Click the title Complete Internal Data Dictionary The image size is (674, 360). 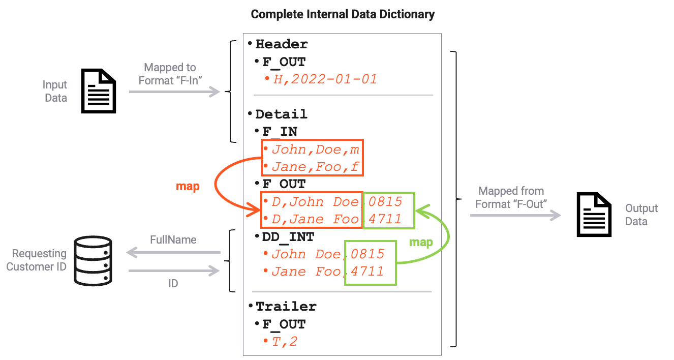coord(343,14)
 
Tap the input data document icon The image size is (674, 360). coord(99,91)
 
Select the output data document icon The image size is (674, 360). coord(593,215)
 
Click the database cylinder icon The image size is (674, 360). coord(93,261)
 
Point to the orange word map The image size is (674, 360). coord(188,187)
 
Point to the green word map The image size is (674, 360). coord(421,242)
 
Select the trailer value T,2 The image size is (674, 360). coord(285,342)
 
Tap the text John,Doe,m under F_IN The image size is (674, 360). coord(315,149)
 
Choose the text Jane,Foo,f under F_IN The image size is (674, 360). coord(315,167)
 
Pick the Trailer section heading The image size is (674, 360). coord(286,307)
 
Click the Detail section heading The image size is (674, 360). coord(281,114)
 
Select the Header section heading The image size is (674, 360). coord(282,44)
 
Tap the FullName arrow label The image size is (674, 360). coord(173,239)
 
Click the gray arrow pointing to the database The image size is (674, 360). coord(173,253)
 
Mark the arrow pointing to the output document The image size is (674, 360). coord(515,216)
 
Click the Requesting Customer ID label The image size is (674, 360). coord(37,260)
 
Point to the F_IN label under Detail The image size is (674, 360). coord(280,132)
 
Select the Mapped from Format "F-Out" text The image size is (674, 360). coord(511,197)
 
